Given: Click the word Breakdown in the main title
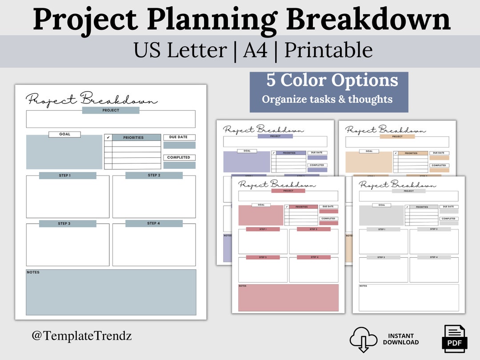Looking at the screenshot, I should (x=368, y=20).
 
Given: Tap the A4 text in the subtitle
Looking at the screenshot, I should (x=256, y=51).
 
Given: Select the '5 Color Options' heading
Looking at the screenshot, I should (x=332, y=80).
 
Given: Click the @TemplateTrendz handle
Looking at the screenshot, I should (x=81, y=336).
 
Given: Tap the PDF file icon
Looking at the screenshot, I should (x=454, y=339).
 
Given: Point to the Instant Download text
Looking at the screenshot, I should (x=400, y=339).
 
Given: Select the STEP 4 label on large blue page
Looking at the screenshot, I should (x=154, y=224).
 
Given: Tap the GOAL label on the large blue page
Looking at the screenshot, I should (x=65, y=134).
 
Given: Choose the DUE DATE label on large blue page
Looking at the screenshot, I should (x=179, y=137).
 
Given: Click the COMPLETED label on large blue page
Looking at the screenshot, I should (x=179, y=157).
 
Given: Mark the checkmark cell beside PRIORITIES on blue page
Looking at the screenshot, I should (x=108, y=138).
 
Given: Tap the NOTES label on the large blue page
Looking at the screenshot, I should (x=33, y=272).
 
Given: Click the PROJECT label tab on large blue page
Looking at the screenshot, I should (x=111, y=110).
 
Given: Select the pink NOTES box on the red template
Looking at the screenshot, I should (x=288, y=298).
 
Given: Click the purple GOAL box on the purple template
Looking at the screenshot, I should (x=247, y=163).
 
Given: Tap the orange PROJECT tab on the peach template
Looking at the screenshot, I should (x=397, y=136).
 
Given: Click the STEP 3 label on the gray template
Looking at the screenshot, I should (x=381, y=257).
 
